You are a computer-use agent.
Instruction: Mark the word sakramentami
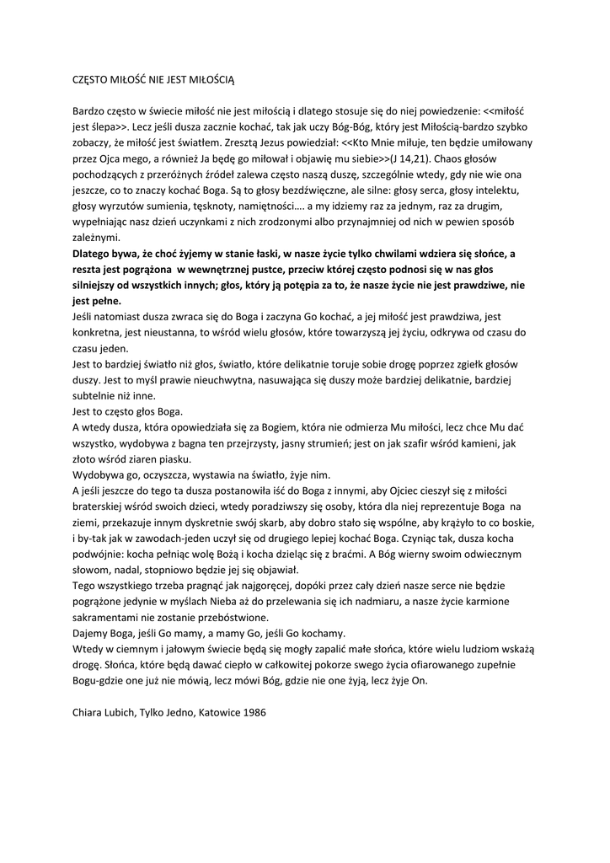[106, 618]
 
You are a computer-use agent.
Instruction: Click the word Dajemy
[92, 634]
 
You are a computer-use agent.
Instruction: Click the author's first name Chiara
[88, 713]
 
